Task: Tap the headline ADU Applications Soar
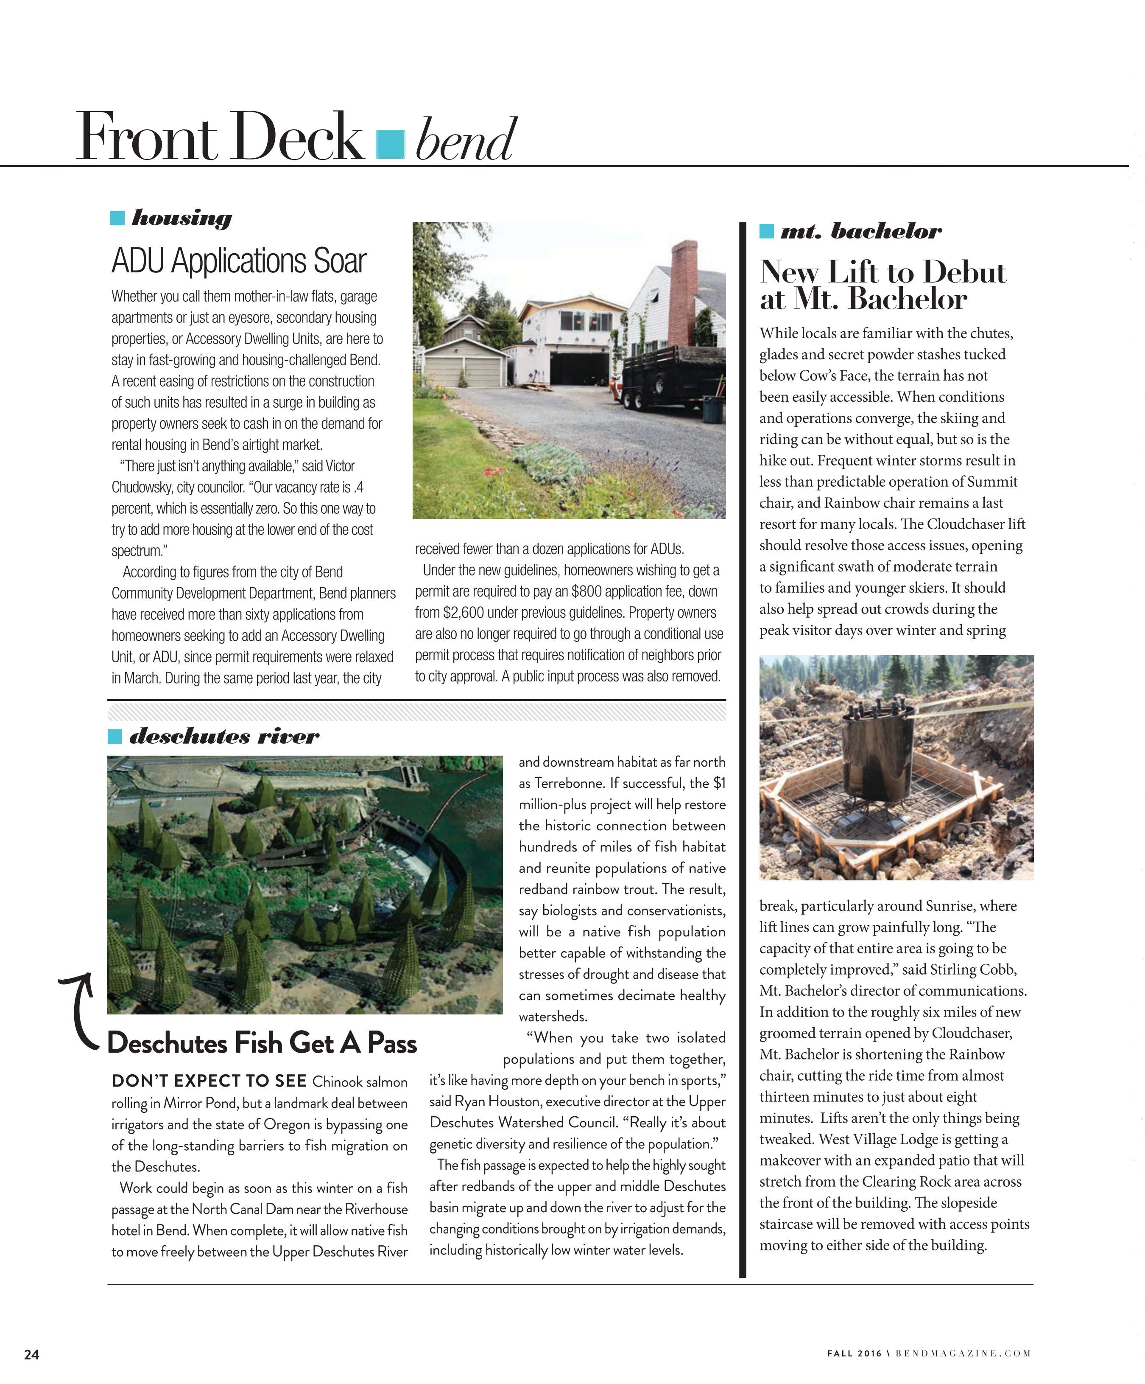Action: (238, 261)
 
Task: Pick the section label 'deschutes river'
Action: (224, 736)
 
